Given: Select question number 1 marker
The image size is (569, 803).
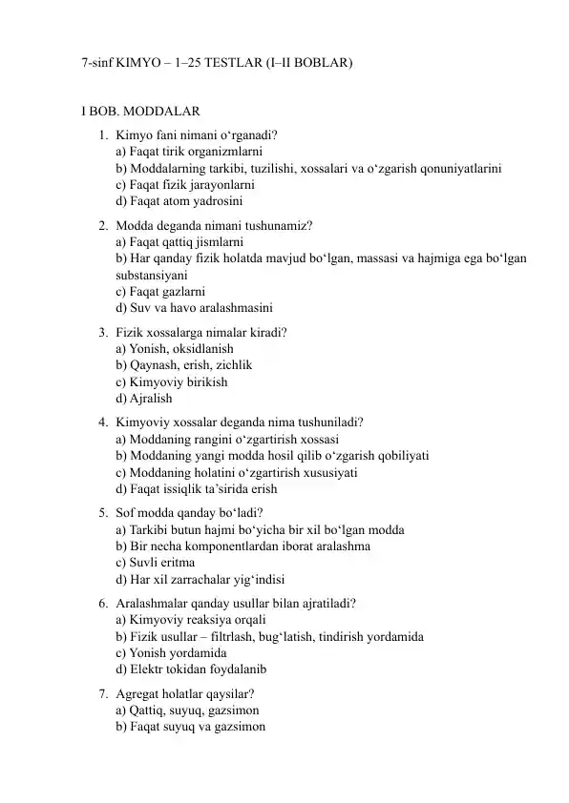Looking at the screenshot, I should click(101, 134).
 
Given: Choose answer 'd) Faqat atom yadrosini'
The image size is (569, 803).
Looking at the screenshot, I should click(179, 201).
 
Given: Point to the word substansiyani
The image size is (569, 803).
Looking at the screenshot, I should click(158, 275).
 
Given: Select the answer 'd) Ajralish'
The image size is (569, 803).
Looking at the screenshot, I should click(144, 399).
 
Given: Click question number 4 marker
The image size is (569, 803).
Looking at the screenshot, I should click(101, 422).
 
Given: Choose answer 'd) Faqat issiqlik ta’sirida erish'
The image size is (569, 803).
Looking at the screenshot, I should click(197, 489).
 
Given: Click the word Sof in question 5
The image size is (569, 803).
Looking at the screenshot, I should click(125, 512).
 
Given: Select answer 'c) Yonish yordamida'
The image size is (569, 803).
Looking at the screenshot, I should click(171, 652).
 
